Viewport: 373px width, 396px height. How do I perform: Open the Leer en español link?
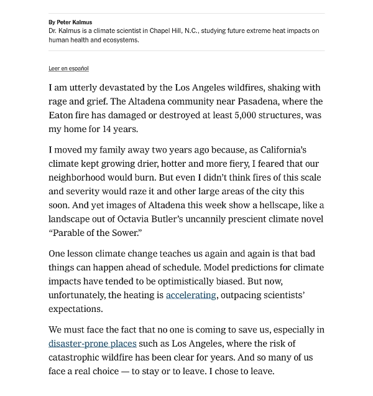[68, 68]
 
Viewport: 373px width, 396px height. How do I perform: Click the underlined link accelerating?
[191, 295]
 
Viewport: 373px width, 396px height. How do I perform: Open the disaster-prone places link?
[92, 344]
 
